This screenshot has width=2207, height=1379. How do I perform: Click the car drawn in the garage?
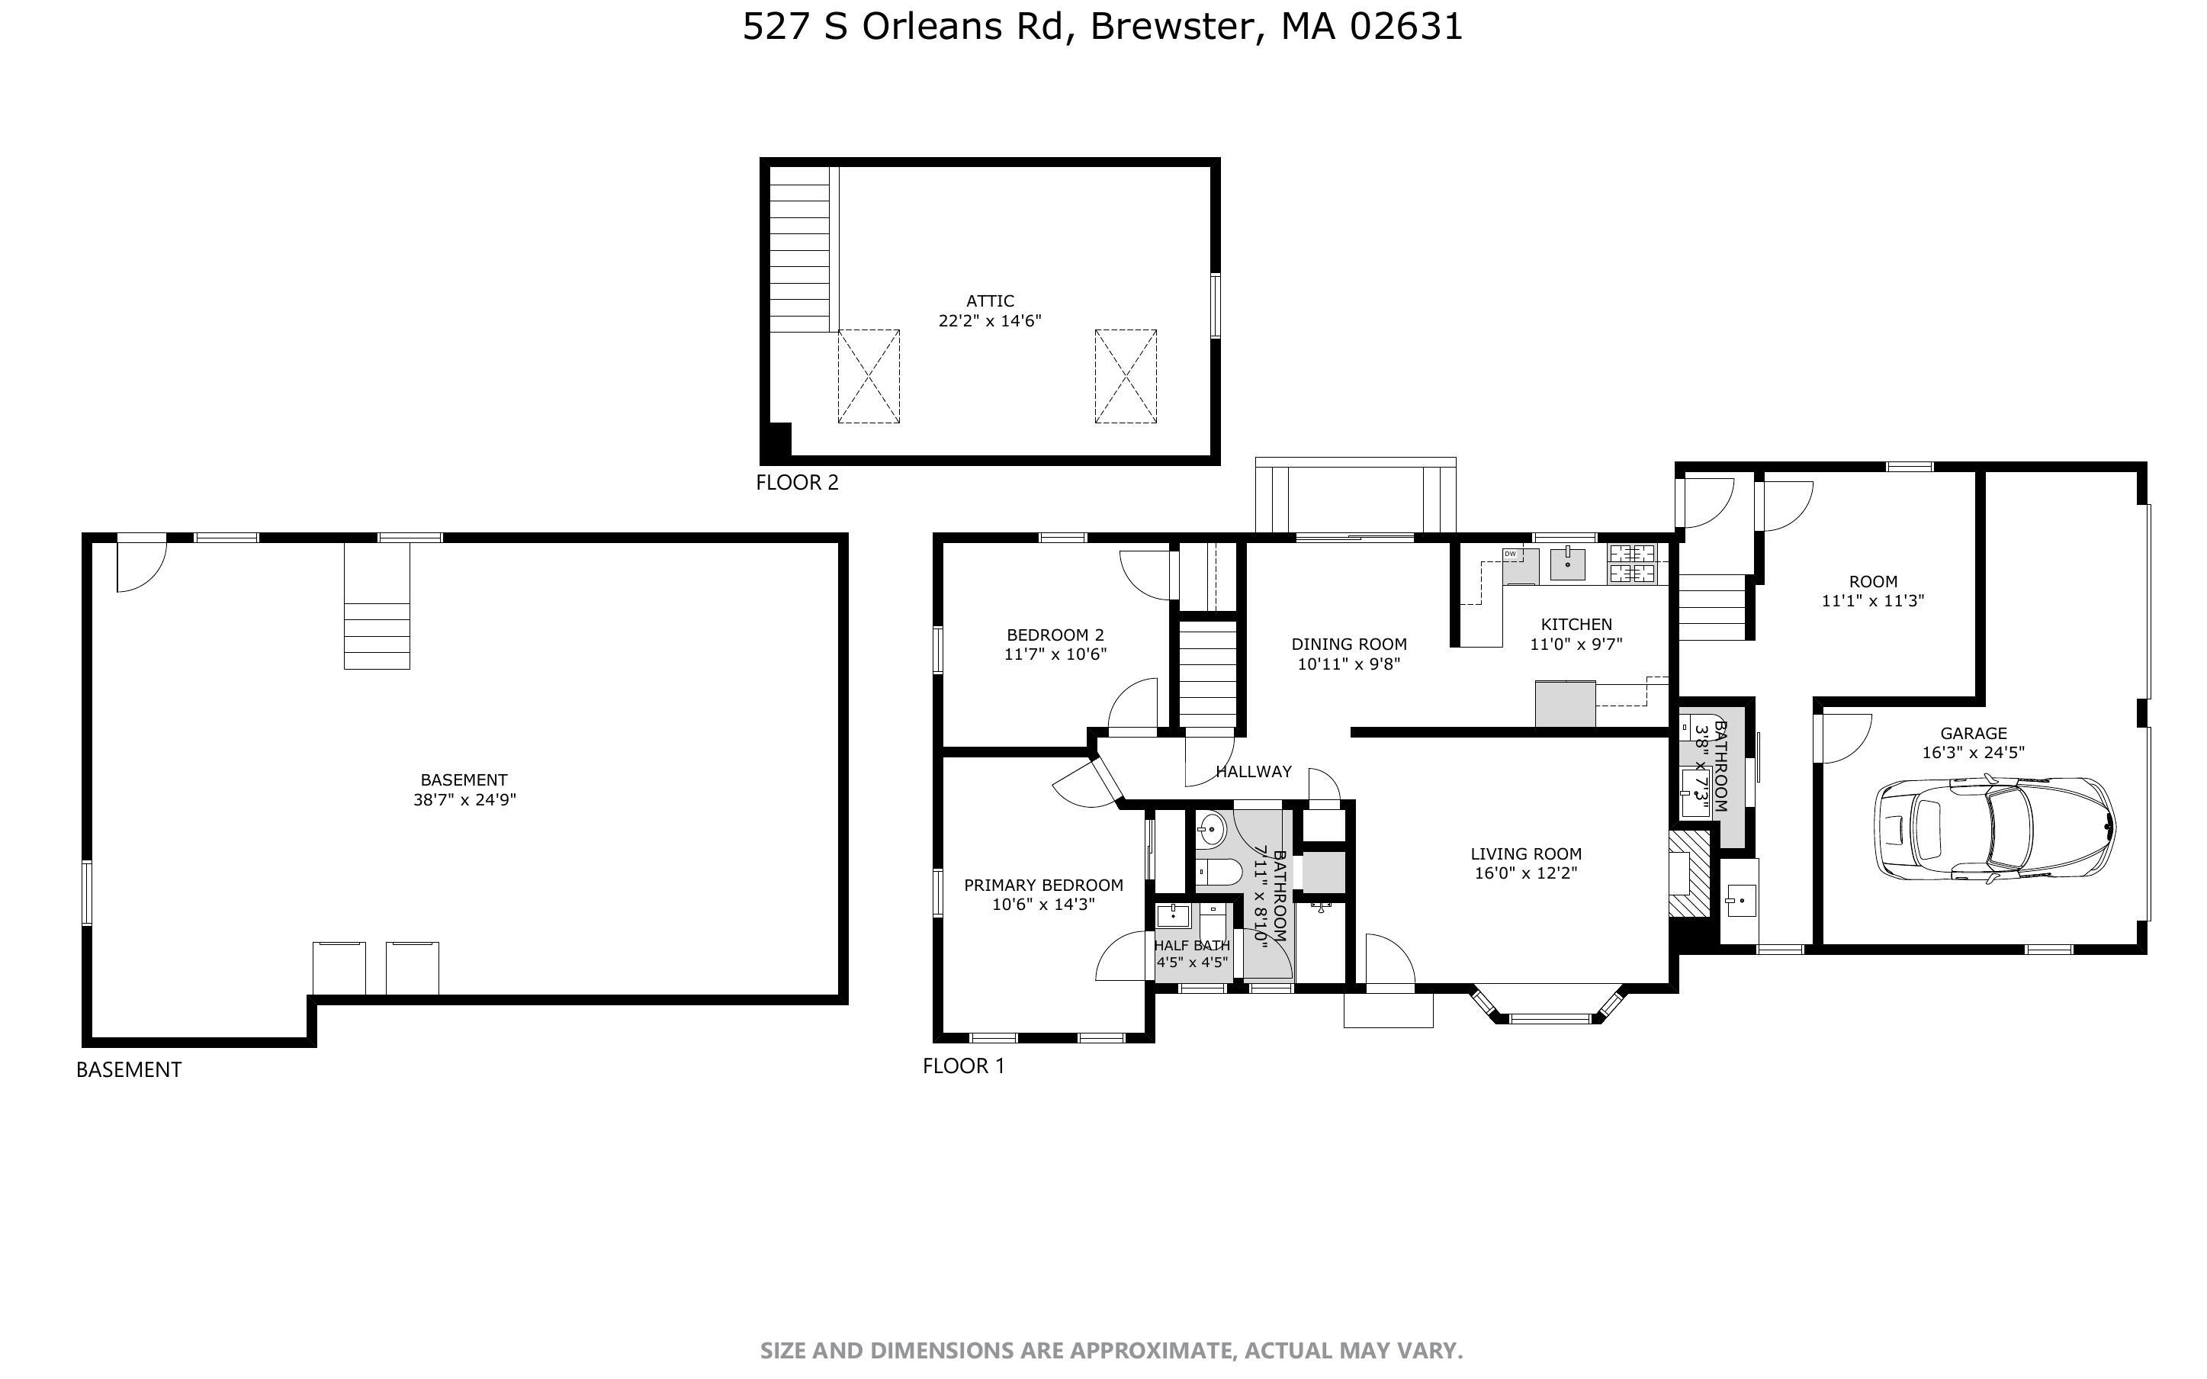point(1993,829)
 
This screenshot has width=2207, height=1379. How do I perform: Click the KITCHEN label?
point(1576,625)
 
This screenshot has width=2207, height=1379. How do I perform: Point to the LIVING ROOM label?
point(1525,853)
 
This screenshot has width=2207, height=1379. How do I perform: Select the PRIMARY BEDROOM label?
point(1043,885)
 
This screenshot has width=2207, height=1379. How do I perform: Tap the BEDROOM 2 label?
point(1055,635)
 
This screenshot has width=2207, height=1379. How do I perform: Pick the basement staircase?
point(377,606)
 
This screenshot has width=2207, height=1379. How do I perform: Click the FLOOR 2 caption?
point(797,483)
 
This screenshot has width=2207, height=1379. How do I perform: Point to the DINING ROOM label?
point(1348,644)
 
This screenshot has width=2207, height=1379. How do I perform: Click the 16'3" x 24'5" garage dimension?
point(1973,753)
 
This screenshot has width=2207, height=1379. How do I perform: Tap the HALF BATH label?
point(1191,946)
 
